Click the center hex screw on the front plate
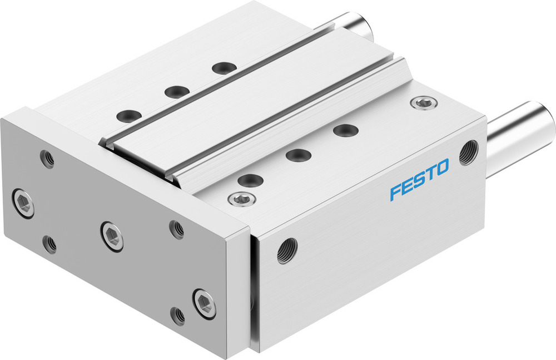[112, 236]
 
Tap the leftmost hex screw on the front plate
[23, 203]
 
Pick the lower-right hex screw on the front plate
[205, 303]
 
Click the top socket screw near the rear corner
[424, 102]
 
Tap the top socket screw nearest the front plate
[240, 198]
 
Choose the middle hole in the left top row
[177, 91]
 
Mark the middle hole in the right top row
[299, 155]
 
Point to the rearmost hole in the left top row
[224, 68]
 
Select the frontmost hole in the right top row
[250, 180]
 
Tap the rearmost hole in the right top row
[345, 131]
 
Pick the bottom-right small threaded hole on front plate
[178, 315]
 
